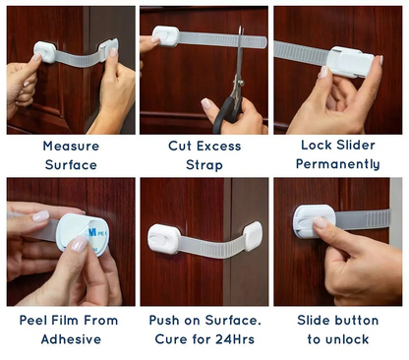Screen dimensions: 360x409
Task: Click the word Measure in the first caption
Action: coord(70,147)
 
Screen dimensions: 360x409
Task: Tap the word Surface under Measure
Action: coord(70,164)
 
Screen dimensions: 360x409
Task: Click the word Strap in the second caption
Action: coord(204,164)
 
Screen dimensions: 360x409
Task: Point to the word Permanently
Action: coord(339,164)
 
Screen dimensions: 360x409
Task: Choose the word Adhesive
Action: coord(70,339)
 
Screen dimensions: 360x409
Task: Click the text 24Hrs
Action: coord(237,339)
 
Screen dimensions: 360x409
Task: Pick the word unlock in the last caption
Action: coord(350,339)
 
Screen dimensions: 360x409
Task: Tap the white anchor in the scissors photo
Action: coord(166,37)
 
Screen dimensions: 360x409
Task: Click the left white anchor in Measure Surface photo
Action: coord(45,51)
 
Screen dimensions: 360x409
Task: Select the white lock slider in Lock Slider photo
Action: coord(351,65)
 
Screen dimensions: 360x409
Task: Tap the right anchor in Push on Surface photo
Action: coord(252,234)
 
